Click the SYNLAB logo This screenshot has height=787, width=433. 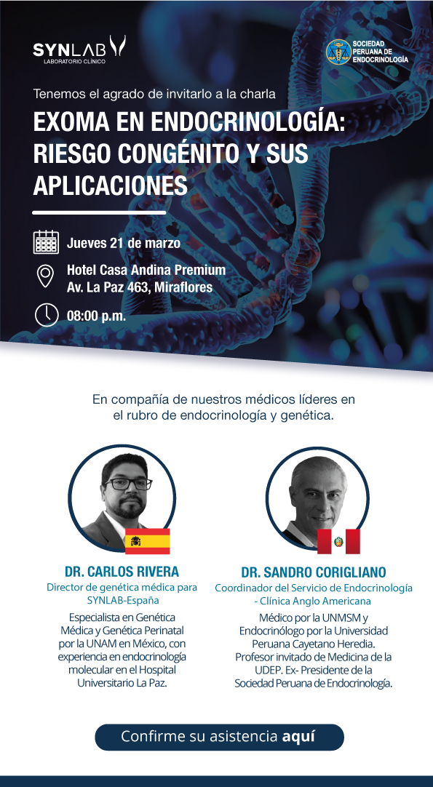click(79, 49)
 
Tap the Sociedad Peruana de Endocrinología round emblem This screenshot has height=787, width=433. click(338, 52)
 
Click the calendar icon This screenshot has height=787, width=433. click(46, 242)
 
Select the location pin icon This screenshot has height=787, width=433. click(46, 276)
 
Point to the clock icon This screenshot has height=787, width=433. click(47, 315)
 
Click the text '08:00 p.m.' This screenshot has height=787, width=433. click(97, 316)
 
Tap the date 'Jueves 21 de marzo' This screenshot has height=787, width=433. click(124, 244)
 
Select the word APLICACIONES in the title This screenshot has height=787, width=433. click(110, 185)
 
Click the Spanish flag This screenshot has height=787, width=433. click(147, 541)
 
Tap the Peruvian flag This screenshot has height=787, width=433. click(338, 541)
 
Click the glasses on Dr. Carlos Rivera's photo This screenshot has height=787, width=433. click(128, 484)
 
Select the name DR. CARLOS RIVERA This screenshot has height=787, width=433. click(122, 572)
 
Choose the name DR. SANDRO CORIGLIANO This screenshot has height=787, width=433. click(314, 572)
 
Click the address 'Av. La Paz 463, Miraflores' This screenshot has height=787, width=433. click(140, 287)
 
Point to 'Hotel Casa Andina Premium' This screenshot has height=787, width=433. click(146, 270)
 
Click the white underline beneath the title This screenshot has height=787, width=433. click(99, 212)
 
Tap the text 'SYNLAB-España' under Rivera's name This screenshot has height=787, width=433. click(122, 600)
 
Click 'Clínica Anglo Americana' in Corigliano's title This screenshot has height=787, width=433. click(316, 601)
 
